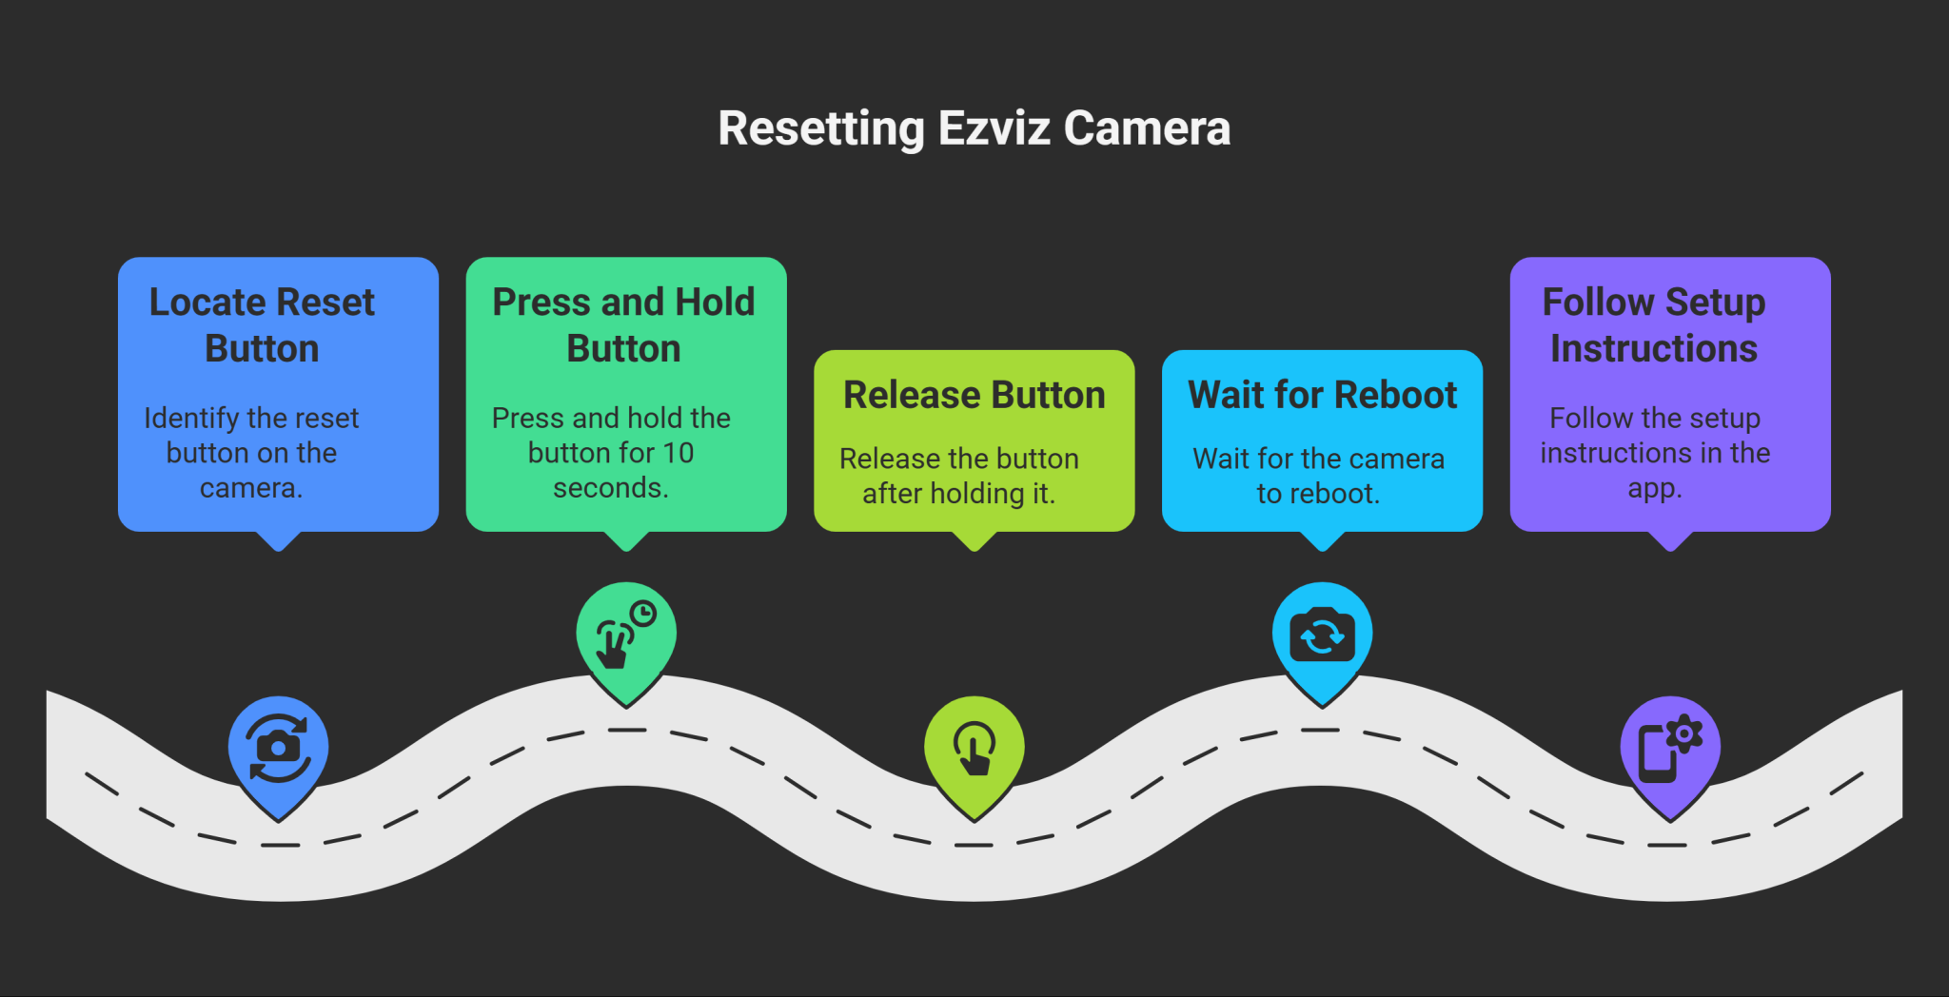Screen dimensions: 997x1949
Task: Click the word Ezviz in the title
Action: (994, 128)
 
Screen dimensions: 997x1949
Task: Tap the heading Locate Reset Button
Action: (262, 324)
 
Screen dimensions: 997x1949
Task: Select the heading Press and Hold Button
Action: (623, 324)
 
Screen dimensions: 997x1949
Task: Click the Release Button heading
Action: (974, 395)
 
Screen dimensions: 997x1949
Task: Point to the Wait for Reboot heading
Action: (1322, 395)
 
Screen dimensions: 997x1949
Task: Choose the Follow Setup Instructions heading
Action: (1654, 324)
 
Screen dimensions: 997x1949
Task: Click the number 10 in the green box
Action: (679, 453)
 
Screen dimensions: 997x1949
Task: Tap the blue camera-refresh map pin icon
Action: (278, 748)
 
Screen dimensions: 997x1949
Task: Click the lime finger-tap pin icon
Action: (974, 748)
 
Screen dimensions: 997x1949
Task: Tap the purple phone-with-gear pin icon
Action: (1669, 748)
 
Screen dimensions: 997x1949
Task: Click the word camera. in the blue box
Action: (251, 488)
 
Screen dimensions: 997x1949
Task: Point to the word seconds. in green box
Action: (611, 488)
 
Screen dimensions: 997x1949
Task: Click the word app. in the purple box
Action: (1655, 488)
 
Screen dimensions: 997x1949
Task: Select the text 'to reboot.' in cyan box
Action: (1318, 494)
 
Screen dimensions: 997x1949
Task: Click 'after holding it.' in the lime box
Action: (958, 494)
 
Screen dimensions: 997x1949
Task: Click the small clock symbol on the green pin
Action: (644, 614)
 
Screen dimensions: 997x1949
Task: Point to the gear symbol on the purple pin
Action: (1684, 733)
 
